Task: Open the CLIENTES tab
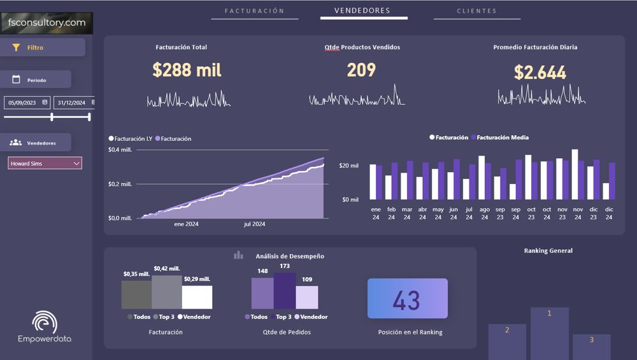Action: pyautogui.click(x=476, y=11)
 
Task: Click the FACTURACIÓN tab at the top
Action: pyautogui.click(x=254, y=11)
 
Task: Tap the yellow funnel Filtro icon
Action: pyautogui.click(x=16, y=48)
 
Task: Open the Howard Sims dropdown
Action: pyautogui.click(x=45, y=163)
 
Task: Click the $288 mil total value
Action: pyautogui.click(x=187, y=70)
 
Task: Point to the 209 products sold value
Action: pyautogui.click(x=361, y=70)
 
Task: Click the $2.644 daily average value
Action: pyautogui.click(x=540, y=73)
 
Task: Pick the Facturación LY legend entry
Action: pyautogui.click(x=131, y=138)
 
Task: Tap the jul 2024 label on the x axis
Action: pyautogui.click(x=254, y=224)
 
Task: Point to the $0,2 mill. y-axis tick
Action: pyautogui.click(x=120, y=184)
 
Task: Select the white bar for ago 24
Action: pyautogui.click(x=482, y=178)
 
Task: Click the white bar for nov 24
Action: pyautogui.click(x=575, y=175)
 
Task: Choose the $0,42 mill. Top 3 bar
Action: pyautogui.click(x=166, y=292)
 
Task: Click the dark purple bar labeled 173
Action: pyautogui.click(x=285, y=291)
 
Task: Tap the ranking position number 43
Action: pyautogui.click(x=406, y=300)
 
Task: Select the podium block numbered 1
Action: pyautogui.click(x=550, y=333)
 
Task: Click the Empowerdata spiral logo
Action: pyautogui.click(x=45, y=322)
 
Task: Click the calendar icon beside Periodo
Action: pyautogui.click(x=17, y=79)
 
